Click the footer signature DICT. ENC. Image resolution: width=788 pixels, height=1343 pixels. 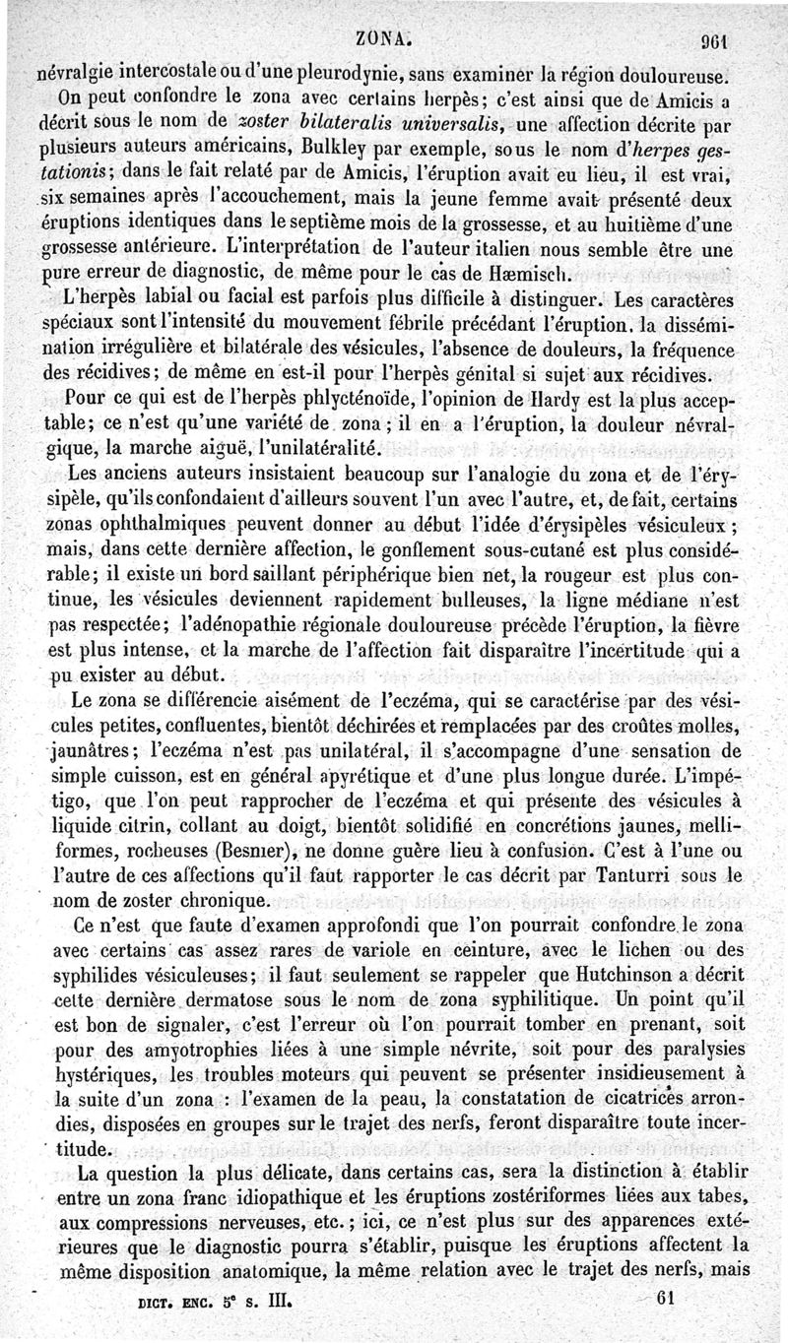pyautogui.click(x=170, y=1312)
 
